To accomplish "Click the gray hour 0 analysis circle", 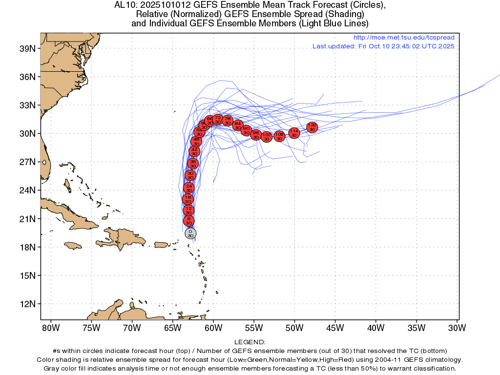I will (x=190, y=233).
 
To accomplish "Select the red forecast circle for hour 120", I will (x=312, y=127).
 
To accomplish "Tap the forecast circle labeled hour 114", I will (x=294, y=133).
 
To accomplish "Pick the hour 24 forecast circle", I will (x=188, y=187).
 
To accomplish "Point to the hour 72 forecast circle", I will (x=218, y=120).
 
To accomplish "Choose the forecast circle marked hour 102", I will (x=267, y=137).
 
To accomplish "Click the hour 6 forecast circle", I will (x=188, y=221).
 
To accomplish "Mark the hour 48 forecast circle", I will (x=196, y=141).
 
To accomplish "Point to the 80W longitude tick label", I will (x=50, y=327).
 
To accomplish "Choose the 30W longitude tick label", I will (x=457, y=327).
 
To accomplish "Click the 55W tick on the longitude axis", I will (x=254, y=327).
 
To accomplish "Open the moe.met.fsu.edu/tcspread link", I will (x=404, y=38).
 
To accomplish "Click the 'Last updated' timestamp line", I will (x=383, y=46).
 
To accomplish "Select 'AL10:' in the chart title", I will (x=124, y=5).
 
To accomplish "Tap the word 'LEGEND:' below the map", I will (x=250, y=342).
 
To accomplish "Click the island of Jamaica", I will (x=72, y=245).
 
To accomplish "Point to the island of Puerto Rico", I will (x=161, y=244).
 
